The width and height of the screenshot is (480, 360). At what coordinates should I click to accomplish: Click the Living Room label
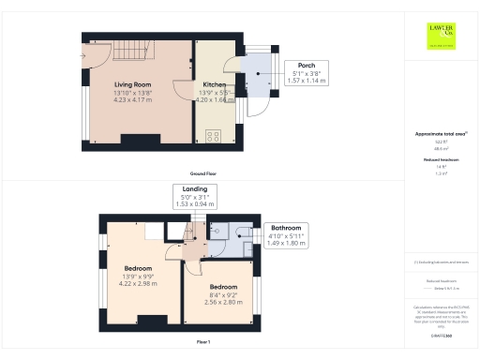click(132, 83)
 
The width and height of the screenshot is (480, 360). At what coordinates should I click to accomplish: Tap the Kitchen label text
click(214, 83)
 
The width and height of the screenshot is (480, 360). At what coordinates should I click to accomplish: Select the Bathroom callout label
click(286, 234)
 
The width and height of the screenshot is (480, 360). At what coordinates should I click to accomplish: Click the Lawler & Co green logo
click(441, 35)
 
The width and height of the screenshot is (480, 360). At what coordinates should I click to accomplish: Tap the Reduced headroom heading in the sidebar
click(440, 160)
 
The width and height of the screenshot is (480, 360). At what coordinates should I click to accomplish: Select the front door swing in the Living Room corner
click(95, 56)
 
